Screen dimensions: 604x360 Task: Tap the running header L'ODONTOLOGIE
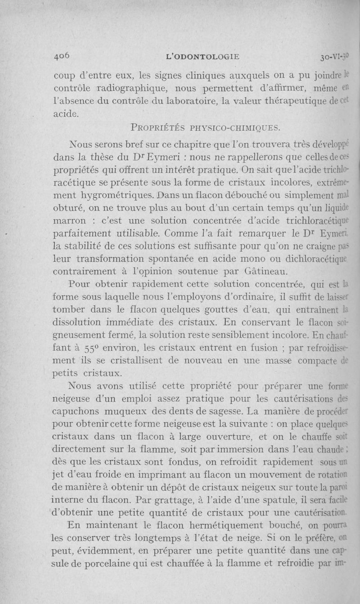(x=202, y=57)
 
